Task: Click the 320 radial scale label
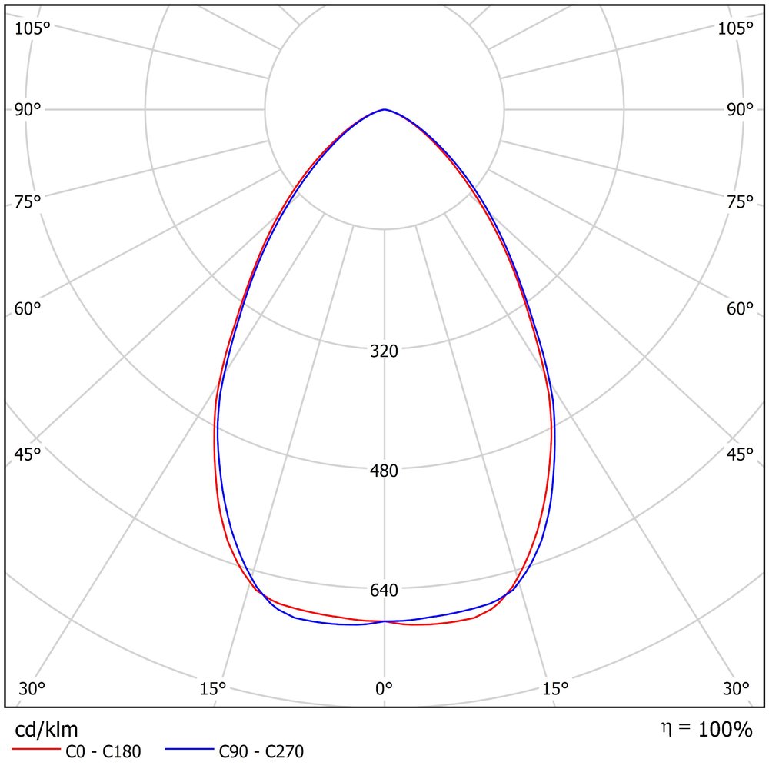tap(384, 351)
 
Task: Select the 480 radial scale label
tap(384, 471)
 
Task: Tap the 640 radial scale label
tap(384, 590)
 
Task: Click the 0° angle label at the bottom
tap(384, 689)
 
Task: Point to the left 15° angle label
tap(213, 689)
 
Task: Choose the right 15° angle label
tap(555, 689)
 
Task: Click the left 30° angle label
tap(32, 689)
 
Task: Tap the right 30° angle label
tap(736, 689)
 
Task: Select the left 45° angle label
tap(28, 454)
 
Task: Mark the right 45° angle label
tap(740, 454)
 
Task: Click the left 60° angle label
tap(28, 309)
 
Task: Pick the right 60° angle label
tap(740, 309)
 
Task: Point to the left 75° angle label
tap(28, 201)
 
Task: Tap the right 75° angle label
tap(740, 201)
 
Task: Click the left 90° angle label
tap(28, 110)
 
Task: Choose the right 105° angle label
tap(736, 28)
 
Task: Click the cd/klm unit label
tap(47, 730)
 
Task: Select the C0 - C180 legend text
tap(103, 752)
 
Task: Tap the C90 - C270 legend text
tap(261, 752)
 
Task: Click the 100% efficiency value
tap(725, 730)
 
